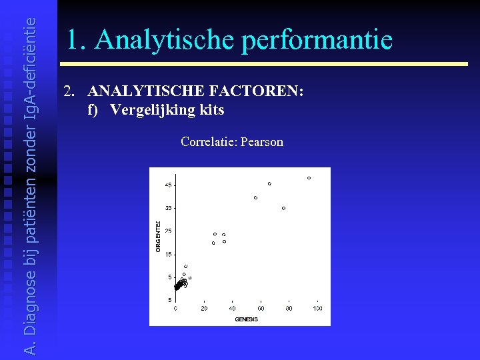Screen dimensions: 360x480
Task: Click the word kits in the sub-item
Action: coord(211,109)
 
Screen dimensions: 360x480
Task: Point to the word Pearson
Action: coord(263,142)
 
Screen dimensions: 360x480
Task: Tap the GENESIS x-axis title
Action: coord(246,319)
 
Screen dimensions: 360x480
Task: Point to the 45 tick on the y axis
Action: coord(169,185)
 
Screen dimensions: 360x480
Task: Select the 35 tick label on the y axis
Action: coord(169,208)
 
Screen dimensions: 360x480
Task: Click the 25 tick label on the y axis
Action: coord(169,231)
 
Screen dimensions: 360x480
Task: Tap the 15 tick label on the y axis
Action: coord(169,254)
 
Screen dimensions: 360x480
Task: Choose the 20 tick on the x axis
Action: coord(204,309)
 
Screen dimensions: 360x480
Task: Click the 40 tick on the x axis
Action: coord(232,309)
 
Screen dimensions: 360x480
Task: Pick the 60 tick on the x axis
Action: coord(261,309)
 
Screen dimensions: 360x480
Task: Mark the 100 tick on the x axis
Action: coord(317,309)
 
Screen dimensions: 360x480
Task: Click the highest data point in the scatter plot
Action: coord(309,178)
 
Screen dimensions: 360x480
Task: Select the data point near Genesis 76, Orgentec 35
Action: coord(283,208)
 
